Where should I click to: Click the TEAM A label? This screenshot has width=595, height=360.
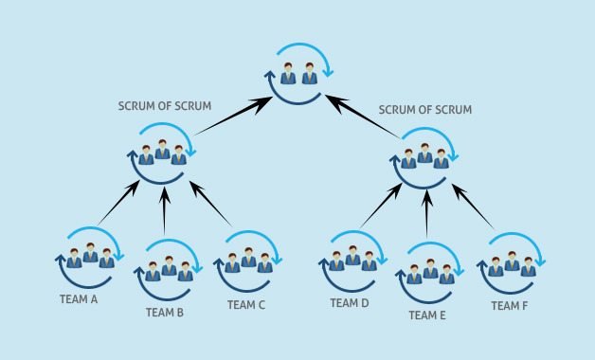pos(79,299)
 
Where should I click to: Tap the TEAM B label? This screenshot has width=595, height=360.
pos(165,312)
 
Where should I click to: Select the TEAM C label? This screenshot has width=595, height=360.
pos(246,305)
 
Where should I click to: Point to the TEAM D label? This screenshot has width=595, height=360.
pos(350,303)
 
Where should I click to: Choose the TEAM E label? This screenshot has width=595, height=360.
pos(427,315)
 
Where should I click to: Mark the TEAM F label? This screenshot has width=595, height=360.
pos(510,306)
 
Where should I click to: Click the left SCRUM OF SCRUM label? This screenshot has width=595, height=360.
pos(165,106)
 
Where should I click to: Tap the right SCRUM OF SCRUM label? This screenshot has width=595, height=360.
pos(425,110)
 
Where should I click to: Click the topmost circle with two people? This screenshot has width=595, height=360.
pos(299,73)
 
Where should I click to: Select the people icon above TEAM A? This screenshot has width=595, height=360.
pos(90,256)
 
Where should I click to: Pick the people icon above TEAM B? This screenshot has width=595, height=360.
pos(169,269)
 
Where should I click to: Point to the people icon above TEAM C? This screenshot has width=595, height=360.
pos(248,260)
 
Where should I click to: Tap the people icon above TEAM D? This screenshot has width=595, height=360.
pos(352,258)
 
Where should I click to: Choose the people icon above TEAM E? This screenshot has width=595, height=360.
pos(430,272)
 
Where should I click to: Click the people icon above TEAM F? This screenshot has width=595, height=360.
pos(512,262)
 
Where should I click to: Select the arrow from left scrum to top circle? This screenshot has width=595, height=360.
pos(233,116)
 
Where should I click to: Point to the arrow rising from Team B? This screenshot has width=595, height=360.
pos(165,211)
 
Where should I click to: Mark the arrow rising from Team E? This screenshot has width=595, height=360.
pos(427,214)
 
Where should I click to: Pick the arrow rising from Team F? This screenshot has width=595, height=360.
pos(473,207)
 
